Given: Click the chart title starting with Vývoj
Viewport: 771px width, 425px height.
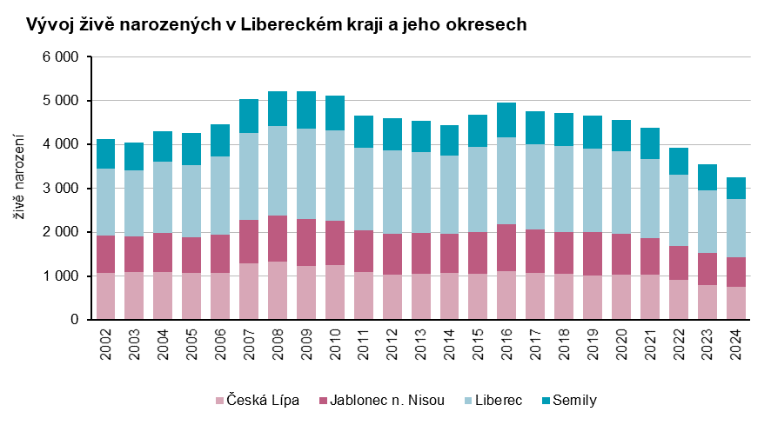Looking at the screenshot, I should click(x=276, y=24).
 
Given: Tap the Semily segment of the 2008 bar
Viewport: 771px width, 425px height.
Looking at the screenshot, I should click(x=278, y=109).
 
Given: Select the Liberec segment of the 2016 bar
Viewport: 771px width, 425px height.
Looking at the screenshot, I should click(x=507, y=181).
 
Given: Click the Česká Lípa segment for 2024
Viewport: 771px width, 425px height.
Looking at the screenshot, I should click(x=736, y=303).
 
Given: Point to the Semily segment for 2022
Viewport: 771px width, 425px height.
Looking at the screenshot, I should click(x=679, y=162).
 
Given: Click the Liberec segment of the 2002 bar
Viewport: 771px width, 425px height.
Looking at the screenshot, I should click(x=105, y=203).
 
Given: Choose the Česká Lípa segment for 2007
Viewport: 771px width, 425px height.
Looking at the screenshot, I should click(x=249, y=291).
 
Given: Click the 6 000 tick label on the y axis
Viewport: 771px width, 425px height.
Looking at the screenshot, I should click(x=61, y=57).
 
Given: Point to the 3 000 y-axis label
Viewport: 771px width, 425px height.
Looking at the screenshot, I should click(x=61, y=189).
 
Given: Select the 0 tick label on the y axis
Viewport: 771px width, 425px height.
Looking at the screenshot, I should click(x=76, y=320).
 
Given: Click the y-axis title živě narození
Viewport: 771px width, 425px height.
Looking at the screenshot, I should click(x=19, y=188).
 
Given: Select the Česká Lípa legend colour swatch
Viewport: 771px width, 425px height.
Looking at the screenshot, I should click(x=218, y=401).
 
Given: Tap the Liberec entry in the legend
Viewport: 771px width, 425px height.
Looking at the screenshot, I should click(x=499, y=401).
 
